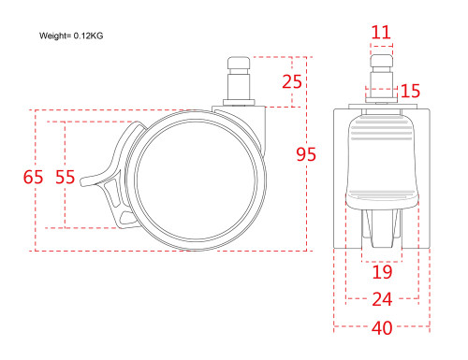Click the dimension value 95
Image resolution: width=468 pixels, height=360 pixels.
coord(306,154)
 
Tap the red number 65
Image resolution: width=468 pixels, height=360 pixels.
coord(33,177)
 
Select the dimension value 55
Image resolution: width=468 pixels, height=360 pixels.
coord(66,177)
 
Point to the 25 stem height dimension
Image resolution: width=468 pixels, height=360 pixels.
coord(292,81)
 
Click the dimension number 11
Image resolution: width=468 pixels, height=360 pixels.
coord(381,32)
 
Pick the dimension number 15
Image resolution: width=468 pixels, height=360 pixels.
coord(410,91)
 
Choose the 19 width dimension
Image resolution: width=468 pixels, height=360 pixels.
coord(382,272)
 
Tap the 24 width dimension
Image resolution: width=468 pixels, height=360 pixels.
coord(382,299)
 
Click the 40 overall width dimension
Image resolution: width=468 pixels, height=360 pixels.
coord(382,328)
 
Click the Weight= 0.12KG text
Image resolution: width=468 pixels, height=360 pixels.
coord(71,36)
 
